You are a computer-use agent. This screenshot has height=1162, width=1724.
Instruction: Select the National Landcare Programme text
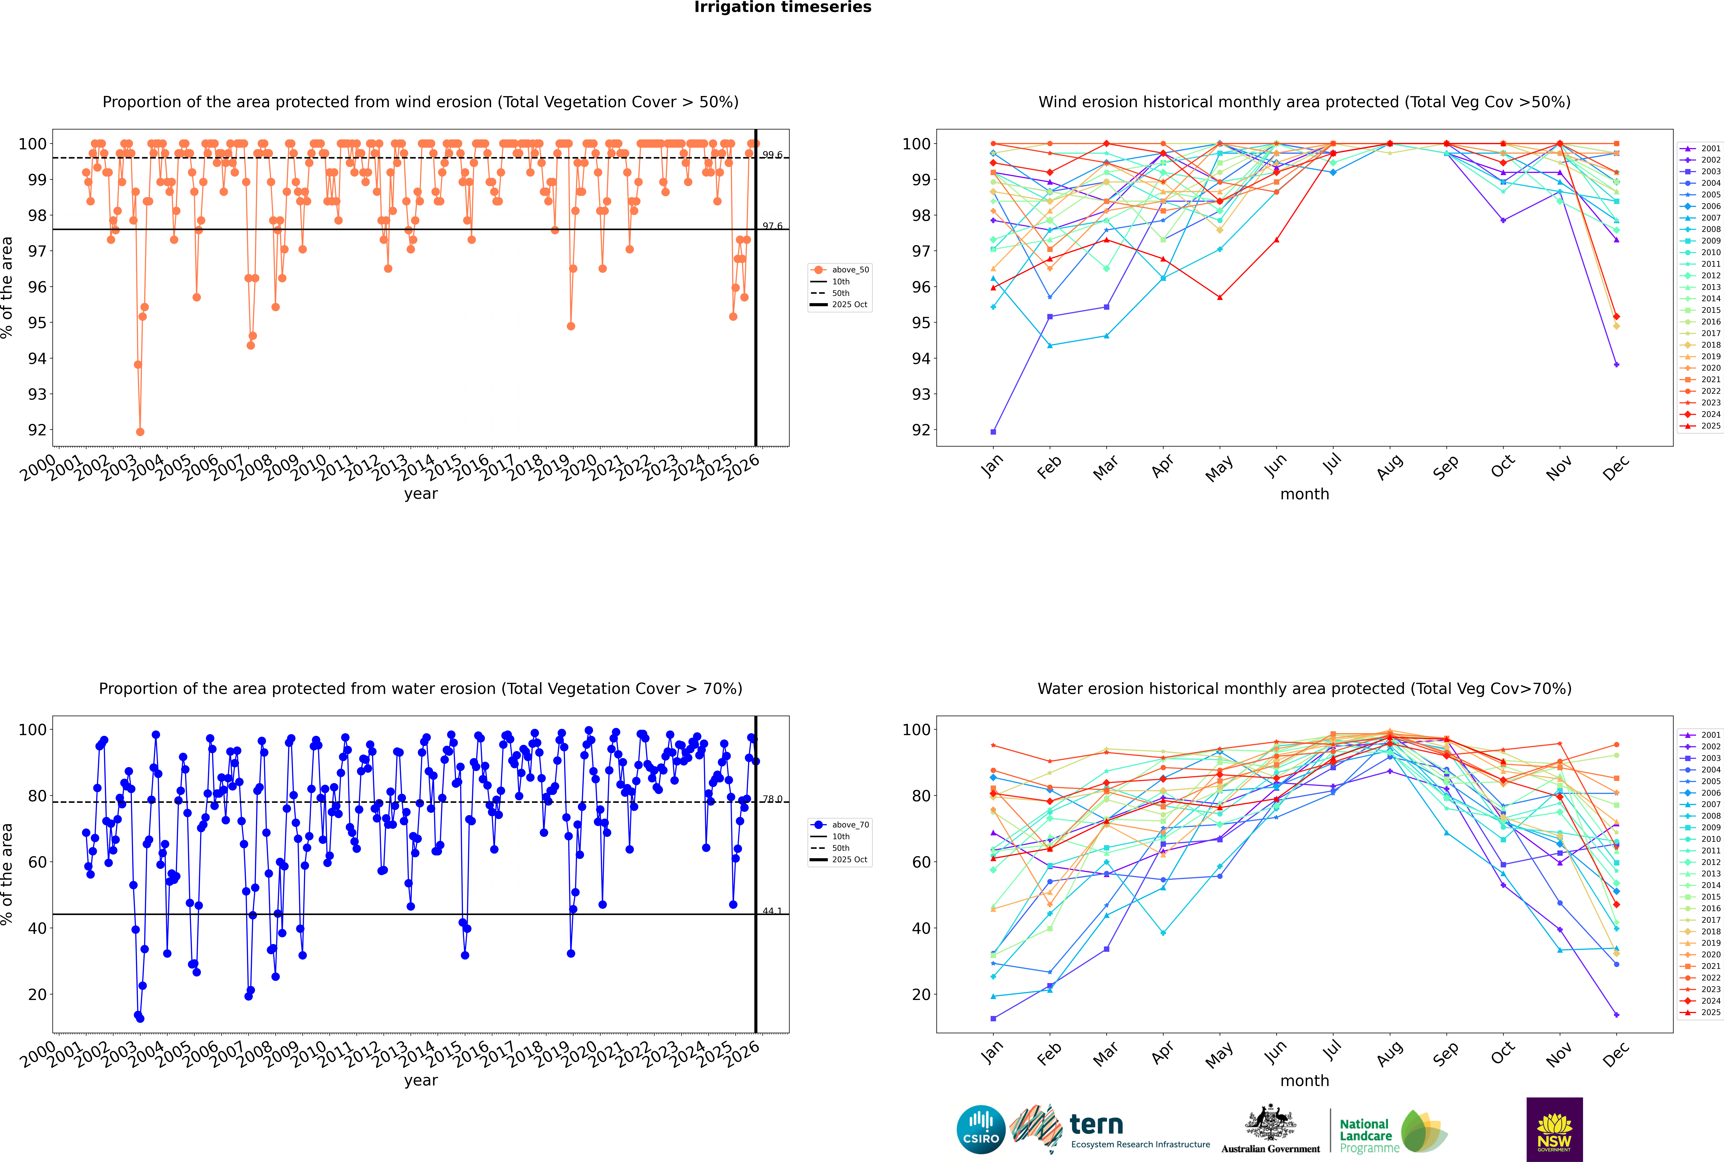(1365, 1135)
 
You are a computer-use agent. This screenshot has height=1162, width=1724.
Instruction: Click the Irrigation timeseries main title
(783, 7)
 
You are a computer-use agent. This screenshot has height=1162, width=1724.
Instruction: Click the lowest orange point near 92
(140, 431)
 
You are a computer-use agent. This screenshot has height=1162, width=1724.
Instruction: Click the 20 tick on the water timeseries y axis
(37, 994)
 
